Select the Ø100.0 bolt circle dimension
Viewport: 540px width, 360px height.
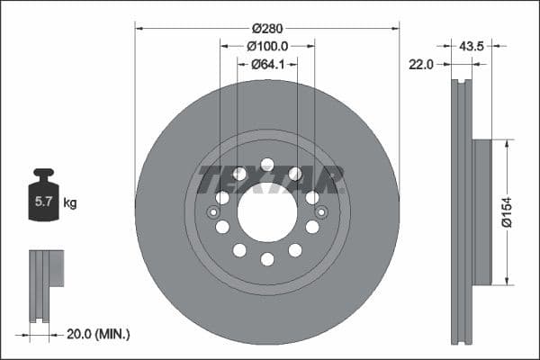pyautogui.click(x=267, y=45)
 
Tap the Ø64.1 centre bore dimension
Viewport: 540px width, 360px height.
pyautogui.click(x=267, y=63)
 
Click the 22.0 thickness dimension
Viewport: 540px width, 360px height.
pyautogui.click(x=421, y=64)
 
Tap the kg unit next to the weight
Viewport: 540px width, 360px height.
pyautogui.click(x=70, y=203)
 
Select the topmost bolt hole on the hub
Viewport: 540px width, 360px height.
pyautogui.click(x=267, y=165)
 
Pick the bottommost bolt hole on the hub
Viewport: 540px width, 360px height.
pyautogui.click(x=267, y=259)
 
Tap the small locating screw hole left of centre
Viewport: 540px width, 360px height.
pyautogui.click(x=213, y=212)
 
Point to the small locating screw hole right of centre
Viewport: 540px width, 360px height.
pyautogui.click(x=321, y=212)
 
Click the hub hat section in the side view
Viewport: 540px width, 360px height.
pyautogui.click(x=481, y=212)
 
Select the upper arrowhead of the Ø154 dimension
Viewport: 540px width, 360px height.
pyautogui.click(x=508, y=143)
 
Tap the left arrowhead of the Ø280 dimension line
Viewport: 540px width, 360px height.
pyautogui.click(x=139, y=27)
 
